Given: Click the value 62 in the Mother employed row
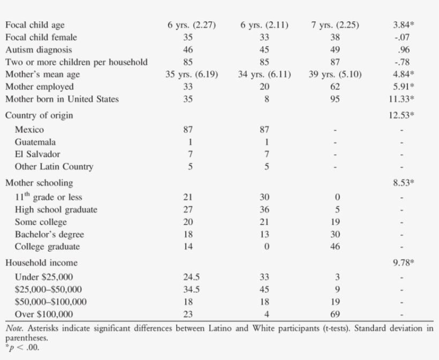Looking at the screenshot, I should (x=335, y=87).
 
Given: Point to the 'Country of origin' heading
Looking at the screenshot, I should (x=39, y=115).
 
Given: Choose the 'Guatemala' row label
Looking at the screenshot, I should (x=35, y=142).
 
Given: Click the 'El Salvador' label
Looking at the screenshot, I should (x=37, y=154).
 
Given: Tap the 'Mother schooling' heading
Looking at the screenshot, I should (x=39, y=183).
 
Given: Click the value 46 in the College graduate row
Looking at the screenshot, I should (x=335, y=246).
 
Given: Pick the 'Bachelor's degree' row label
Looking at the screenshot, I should (x=49, y=234).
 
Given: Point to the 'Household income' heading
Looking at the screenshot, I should (x=41, y=262).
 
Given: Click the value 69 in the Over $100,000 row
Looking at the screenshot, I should (x=335, y=314).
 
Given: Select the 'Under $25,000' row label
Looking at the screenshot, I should (x=44, y=277).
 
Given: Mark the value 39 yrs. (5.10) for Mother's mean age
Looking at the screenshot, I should (x=335, y=74).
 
